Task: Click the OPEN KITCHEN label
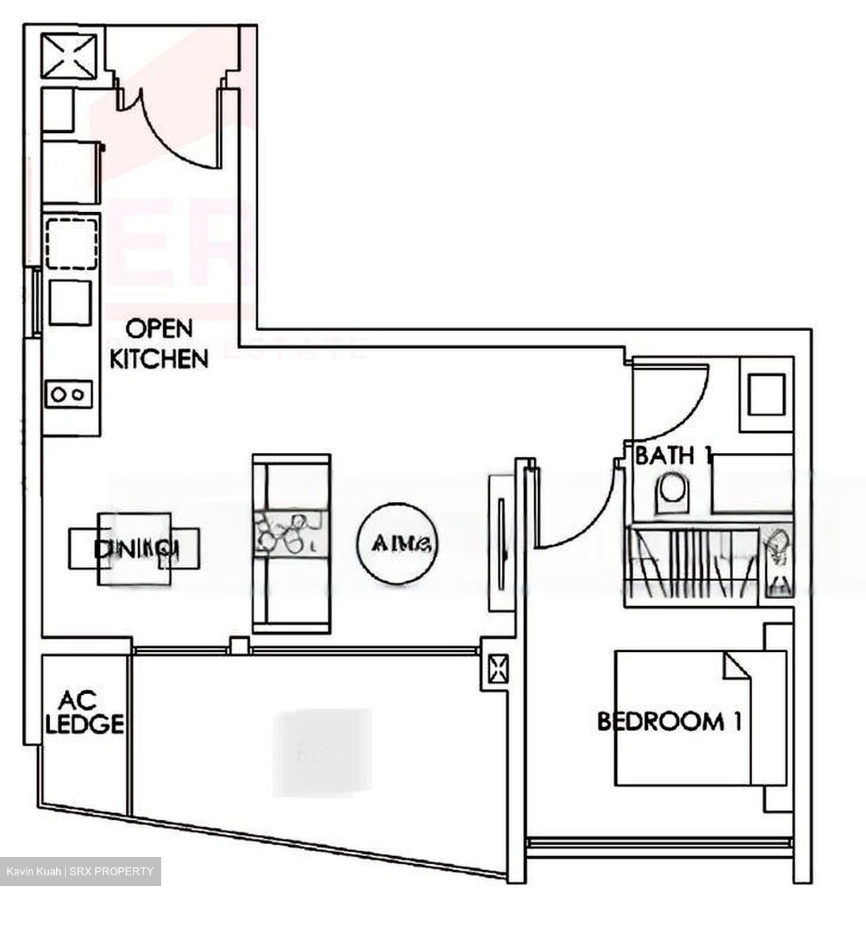(x=159, y=344)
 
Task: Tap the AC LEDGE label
(x=84, y=712)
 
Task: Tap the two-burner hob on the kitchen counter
(x=69, y=394)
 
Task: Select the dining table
(x=134, y=549)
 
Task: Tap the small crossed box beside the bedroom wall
(x=497, y=669)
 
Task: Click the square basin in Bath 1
(x=767, y=395)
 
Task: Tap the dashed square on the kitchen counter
(x=72, y=243)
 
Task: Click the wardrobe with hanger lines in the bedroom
(x=691, y=566)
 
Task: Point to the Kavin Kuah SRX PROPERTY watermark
(x=80, y=871)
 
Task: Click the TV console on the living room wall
(x=501, y=543)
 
